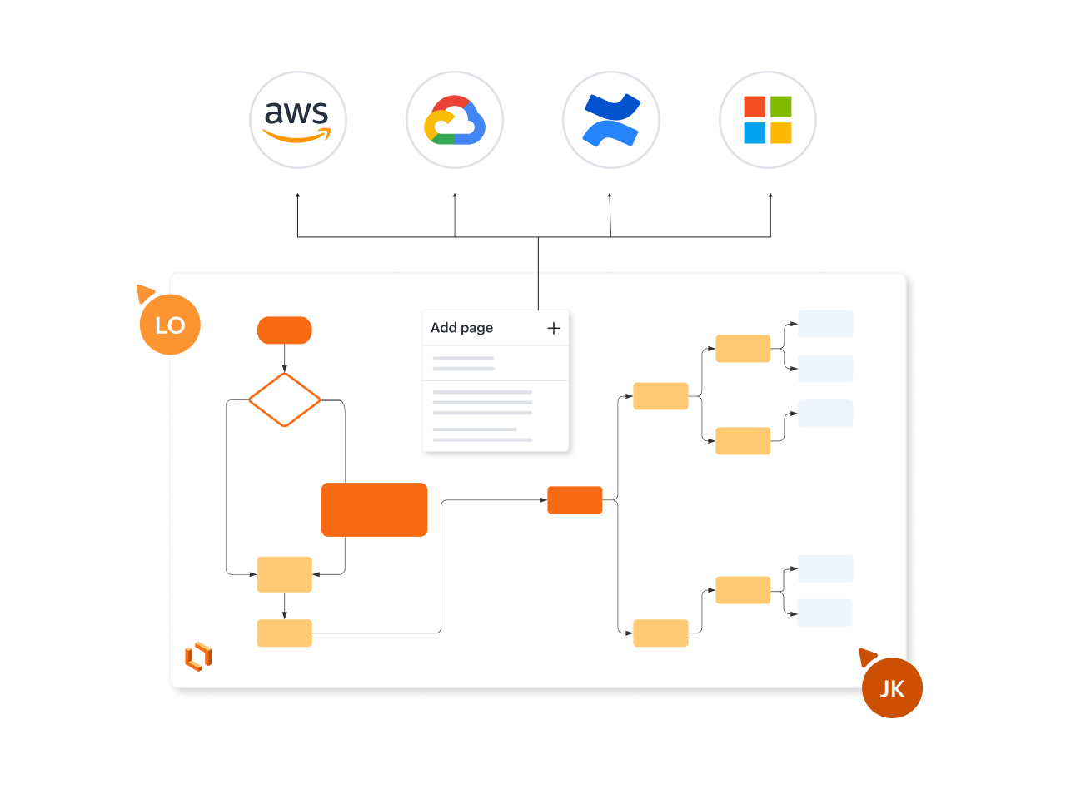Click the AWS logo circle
pos(298,120)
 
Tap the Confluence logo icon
pos(611,120)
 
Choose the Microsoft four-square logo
pos(768,120)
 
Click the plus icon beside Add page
pos(554,328)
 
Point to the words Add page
pos(461,328)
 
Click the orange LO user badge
pos(170,325)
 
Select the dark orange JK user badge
pos(892,688)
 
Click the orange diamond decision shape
pos(285,399)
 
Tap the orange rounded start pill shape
pos(285,330)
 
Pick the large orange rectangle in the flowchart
pos(374,509)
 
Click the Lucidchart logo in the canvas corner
pos(198,657)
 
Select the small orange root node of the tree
pos(575,499)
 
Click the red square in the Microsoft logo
pos(755,107)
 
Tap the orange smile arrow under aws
pos(296,136)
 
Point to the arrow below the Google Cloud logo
pos(455,215)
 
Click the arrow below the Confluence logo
pos(610,215)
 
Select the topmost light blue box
pos(825,324)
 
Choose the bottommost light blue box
pos(825,613)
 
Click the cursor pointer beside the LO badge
pos(145,293)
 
